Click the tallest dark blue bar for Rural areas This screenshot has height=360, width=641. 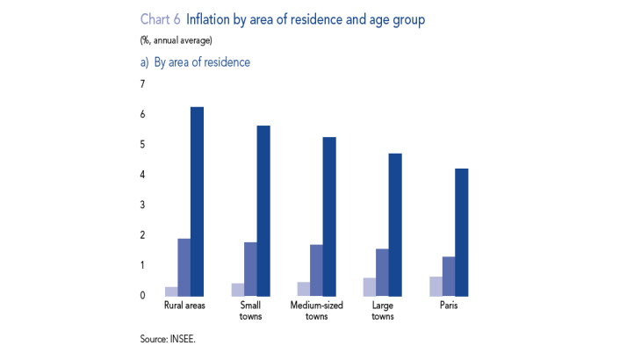197,201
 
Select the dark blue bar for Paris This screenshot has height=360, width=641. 462,232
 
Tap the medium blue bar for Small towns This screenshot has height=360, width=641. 250,269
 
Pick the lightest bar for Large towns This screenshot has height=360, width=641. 370,286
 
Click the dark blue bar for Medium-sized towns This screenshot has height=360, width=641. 329,216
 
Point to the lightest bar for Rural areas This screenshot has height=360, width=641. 171,291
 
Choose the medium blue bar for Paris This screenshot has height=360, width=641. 449,276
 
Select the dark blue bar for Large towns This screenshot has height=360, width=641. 395,224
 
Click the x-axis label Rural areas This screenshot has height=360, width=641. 184,306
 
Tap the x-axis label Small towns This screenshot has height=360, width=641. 250,311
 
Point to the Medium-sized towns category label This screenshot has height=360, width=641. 316,311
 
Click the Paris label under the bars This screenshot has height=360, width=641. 449,306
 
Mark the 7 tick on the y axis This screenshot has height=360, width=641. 141,84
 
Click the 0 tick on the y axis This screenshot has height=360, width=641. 141,295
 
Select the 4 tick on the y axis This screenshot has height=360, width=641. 141,175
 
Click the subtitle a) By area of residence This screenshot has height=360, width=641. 194,62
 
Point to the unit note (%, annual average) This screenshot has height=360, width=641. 176,40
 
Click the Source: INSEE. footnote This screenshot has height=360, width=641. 167,338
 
